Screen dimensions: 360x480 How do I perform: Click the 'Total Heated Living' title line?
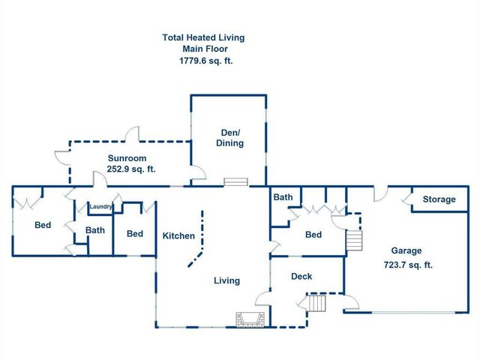(x=203, y=37)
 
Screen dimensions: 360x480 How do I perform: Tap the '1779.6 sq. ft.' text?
(x=203, y=61)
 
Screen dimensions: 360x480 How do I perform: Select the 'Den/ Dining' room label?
(x=229, y=137)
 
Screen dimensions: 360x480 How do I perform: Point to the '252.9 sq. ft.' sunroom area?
(x=130, y=169)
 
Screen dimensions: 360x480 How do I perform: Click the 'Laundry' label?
(x=100, y=207)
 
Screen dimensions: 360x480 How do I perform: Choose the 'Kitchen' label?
(x=178, y=236)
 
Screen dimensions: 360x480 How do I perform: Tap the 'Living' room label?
(x=226, y=281)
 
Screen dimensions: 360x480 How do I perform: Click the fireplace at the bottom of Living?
(x=249, y=320)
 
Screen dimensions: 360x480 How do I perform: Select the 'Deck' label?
(x=301, y=277)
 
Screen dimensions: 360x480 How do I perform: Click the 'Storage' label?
(x=439, y=199)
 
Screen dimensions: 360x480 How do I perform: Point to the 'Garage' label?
(x=406, y=251)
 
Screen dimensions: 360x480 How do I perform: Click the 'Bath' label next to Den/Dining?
(x=283, y=198)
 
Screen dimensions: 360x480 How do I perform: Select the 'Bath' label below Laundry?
(x=95, y=230)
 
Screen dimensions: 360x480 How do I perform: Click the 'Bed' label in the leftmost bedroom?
(x=43, y=225)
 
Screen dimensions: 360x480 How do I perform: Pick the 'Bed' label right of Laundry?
(x=134, y=234)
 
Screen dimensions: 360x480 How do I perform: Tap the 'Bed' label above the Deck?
(x=313, y=235)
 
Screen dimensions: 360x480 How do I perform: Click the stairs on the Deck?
(x=317, y=303)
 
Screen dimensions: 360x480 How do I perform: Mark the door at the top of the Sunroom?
(x=133, y=135)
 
